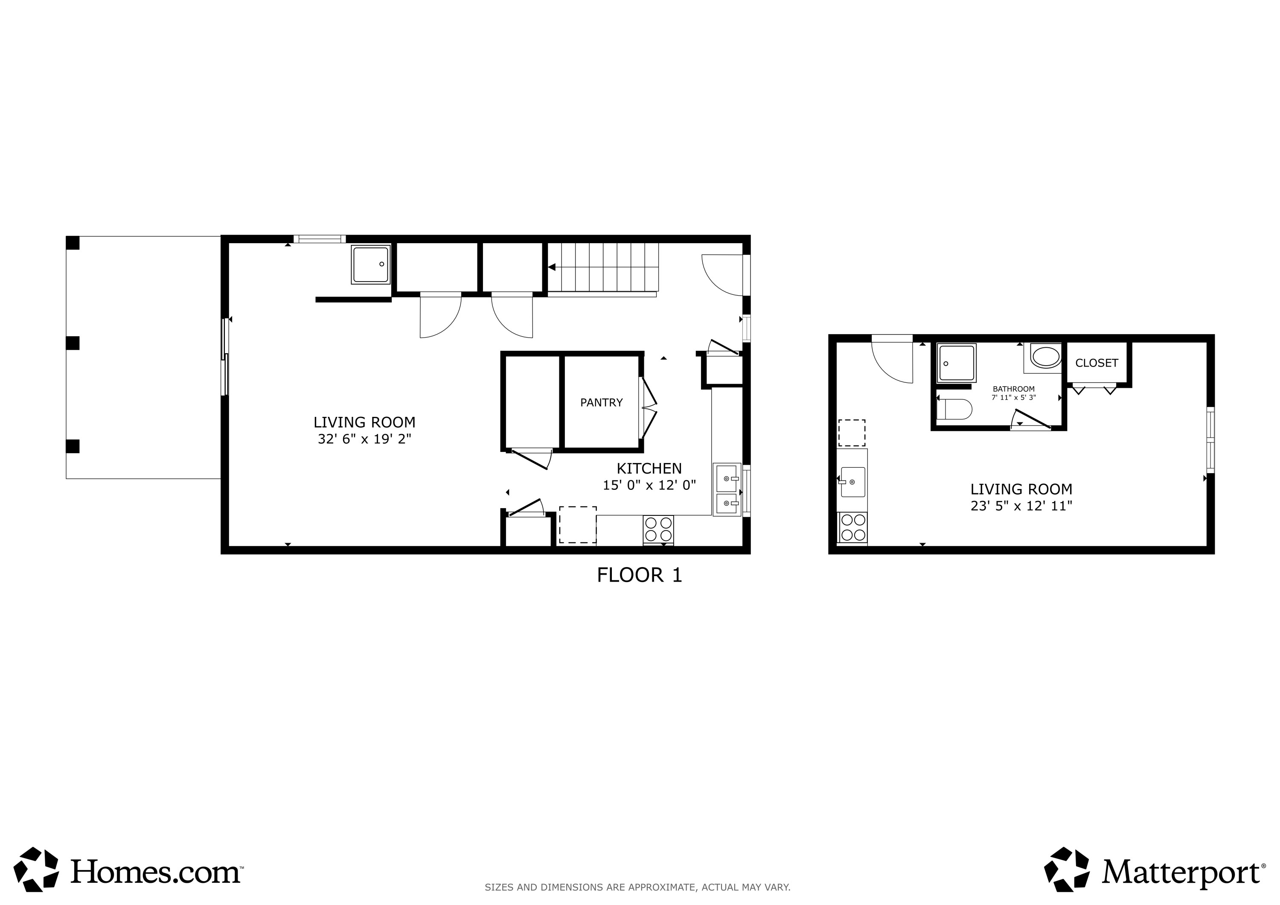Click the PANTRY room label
(601, 403)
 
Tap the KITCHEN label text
(649, 469)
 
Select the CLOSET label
(1096, 363)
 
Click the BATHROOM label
(1013, 389)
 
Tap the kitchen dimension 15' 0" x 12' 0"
(649, 485)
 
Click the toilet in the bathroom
(954, 409)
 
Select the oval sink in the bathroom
(1045, 357)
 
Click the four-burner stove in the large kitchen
(658, 529)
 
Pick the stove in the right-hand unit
(852, 527)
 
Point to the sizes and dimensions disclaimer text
(637, 887)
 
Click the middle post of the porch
(73, 343)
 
